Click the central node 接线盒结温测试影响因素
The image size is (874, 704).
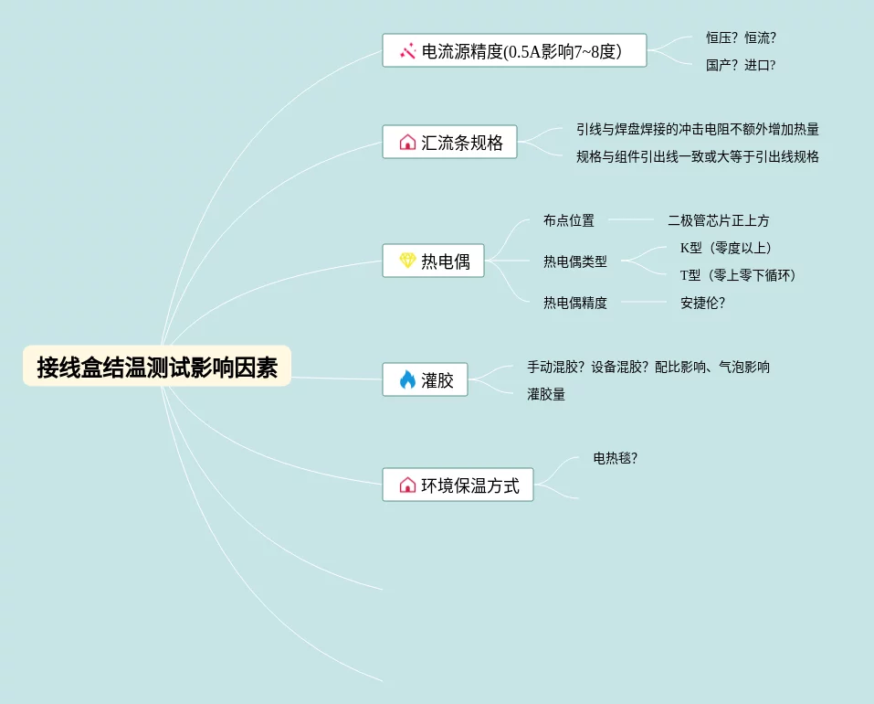click(x=157, y=367)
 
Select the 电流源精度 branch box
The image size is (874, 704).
click(x=514, y=51)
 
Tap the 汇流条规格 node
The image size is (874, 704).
click(x=449, y=143)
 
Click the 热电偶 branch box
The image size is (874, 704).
click(x=433, y=261)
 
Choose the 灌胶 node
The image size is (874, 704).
click(x=425, y=380)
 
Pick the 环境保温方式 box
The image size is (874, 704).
click(x=458, y=485)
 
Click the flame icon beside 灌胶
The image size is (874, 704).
click(x=407, y=380)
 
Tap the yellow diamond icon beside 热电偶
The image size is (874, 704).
click(x=407, y=261)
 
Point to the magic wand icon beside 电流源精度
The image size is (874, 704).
click(x=407, y=51)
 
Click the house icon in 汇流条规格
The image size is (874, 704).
click(x=407, y=143)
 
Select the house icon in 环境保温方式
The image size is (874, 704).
click(x=407, y=485)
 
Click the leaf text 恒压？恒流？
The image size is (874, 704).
click(x=741, y=37)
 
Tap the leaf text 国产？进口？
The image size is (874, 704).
click(x=741, y=65)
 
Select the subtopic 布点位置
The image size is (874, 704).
click(x=569, y=220)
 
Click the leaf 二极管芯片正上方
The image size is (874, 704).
click(x=719, y=220)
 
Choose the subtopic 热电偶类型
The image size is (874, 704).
click(x=575, y=261)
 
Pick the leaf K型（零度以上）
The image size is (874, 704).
click(x=726, y=248)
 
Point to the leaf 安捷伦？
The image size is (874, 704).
click(x=702, y=303)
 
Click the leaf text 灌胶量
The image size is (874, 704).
click(x=546, y=394)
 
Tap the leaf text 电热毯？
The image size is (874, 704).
click(x=616, y=458)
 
